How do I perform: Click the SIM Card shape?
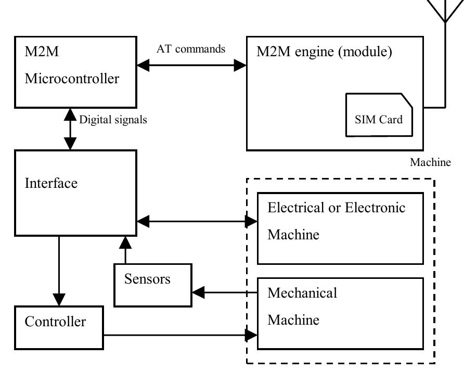point(379,116)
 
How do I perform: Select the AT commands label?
point(191,49)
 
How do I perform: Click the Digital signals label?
point(113,120)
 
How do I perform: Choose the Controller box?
point(58,327)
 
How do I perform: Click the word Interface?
point(51,184)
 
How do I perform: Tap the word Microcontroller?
point(72,79)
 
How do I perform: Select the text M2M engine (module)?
point(324,52)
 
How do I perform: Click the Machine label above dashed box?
point(430,162)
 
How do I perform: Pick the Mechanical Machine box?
point(340,313)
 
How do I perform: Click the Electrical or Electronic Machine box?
point(340,228)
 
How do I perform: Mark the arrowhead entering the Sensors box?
point(198,292)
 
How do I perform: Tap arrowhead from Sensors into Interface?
point(125,241)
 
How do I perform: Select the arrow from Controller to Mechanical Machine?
point(179,335)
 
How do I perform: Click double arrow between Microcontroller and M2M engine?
point(191,66)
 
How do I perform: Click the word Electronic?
point(376,208)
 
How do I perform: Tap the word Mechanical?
point(302,293)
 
